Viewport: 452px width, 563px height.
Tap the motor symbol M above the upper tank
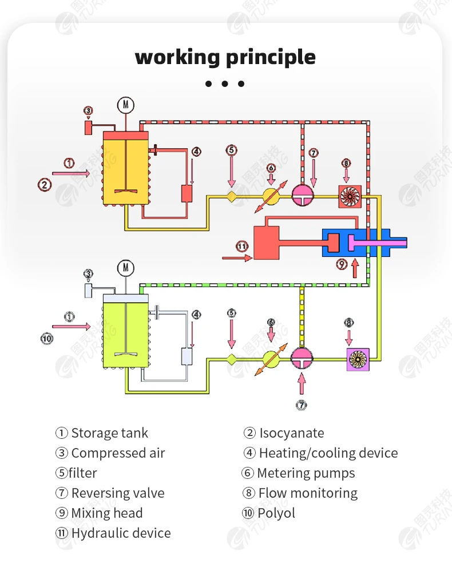(125, 105)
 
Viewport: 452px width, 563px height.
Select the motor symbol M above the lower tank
(125, 268)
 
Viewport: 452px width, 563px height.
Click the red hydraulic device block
(266, 242)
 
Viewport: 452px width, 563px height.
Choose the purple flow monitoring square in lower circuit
(358, 359)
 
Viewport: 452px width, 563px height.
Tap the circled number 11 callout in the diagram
(243, 247)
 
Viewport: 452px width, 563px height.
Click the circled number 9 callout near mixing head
(342, 264)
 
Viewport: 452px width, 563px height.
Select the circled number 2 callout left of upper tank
(45, 184)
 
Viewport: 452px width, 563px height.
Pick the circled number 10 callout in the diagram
(46, 338)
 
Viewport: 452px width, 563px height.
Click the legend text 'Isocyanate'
(291, 433)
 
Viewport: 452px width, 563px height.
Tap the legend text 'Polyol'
(276, 513)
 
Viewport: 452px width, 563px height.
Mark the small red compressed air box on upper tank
(89, 128)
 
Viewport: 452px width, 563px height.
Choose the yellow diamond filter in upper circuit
(232, 196)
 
